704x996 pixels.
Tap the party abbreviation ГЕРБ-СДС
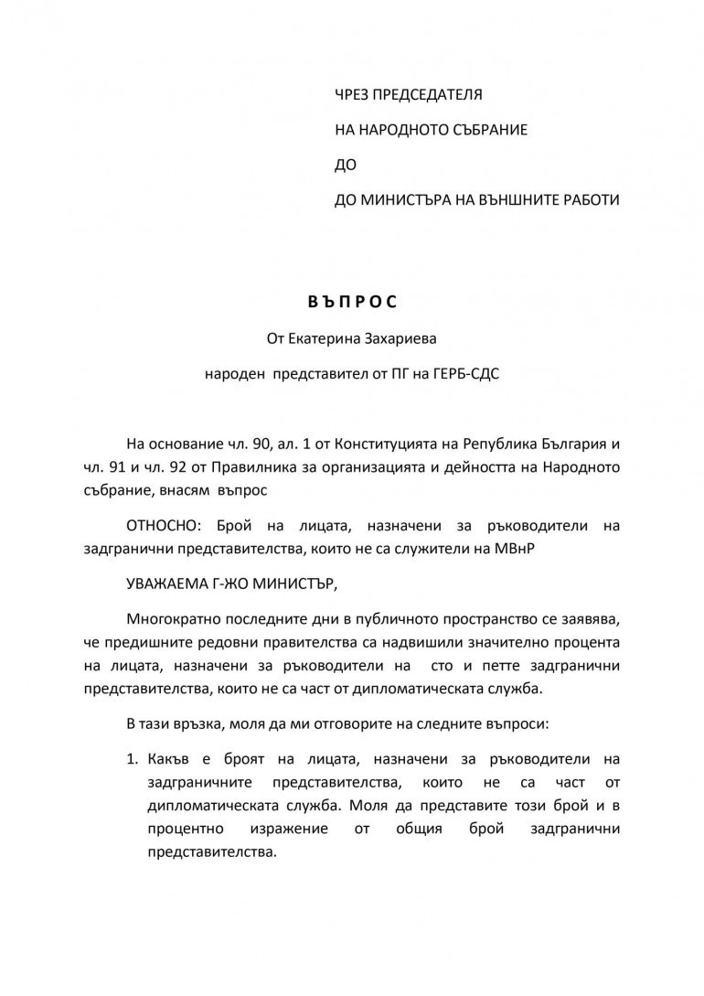coord(463,374)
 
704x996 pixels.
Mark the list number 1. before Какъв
coord(133,759)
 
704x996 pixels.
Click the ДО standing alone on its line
coord(347,165)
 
